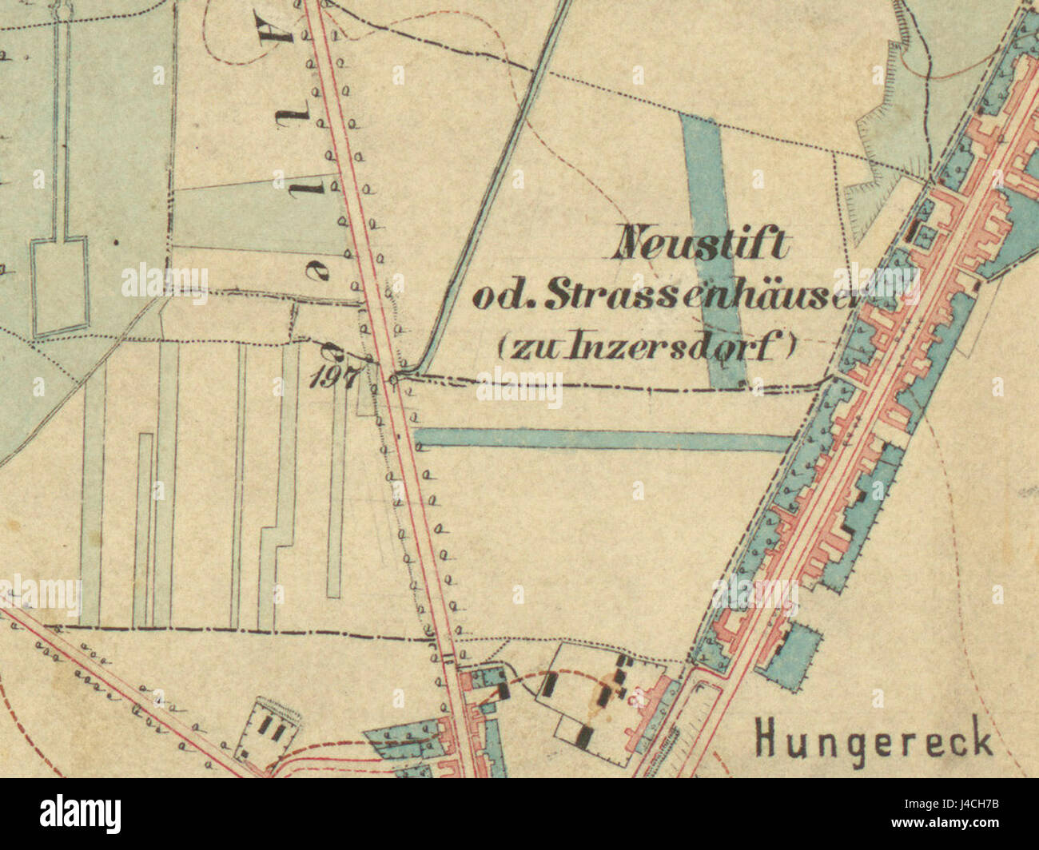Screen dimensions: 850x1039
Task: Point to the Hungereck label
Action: (874, 739)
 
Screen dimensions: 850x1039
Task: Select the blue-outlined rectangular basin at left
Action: (59, 288)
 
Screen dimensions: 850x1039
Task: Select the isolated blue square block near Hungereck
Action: (790, 651)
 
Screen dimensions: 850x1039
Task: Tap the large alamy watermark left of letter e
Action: (165, 283)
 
